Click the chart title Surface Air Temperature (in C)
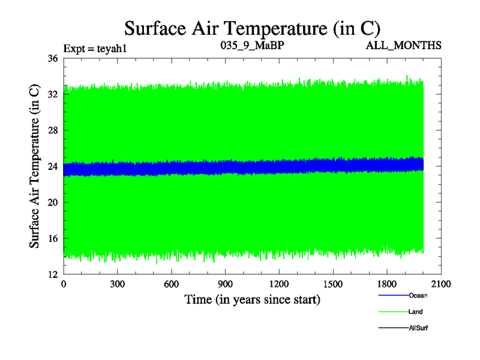(x=252, y=28)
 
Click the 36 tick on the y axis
(x=52, y=58)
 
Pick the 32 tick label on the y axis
(x=52, y=94)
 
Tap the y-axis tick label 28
(x=52, y=130)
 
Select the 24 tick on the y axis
(x=52, y=166)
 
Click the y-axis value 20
(x=52, y=202)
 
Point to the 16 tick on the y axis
(x=52, y=238)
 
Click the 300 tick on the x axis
(x=118, y=284)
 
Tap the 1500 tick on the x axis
(x=333, y=284)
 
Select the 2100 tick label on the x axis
(x=441, y=284)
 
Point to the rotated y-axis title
(x=35, y=166)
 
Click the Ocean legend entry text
(x=418, y=296)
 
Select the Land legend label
(x=416, y=312)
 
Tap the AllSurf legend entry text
(x=419, y=328)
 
